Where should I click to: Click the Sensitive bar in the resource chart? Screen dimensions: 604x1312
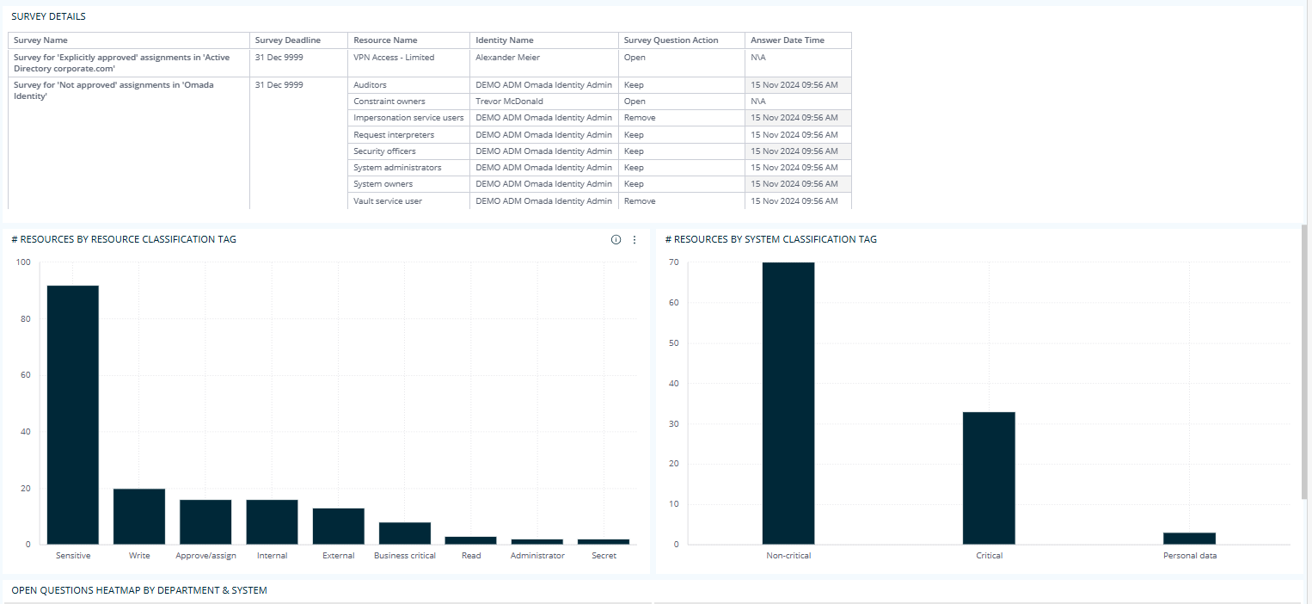tap(72, 414)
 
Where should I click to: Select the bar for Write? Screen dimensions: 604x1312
tap(139, 516)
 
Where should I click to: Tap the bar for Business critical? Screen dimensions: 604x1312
tap(405, 533)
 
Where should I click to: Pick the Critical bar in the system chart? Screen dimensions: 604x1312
tap(989, 478)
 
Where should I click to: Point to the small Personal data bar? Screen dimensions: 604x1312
tap(1190, 539)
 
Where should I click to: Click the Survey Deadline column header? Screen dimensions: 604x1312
tap(288, 40)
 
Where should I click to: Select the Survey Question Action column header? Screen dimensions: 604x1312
tap(670, 40)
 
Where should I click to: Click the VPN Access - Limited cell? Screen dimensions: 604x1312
tap(394, 58)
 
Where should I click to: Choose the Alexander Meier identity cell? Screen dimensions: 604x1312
tap(507, 58)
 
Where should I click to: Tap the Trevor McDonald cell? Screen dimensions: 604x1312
tap(509, 102)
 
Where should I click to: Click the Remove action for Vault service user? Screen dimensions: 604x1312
tap(640, 201)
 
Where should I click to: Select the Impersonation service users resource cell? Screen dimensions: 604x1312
tap(408, 118)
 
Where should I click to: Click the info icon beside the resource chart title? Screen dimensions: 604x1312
tap(616, 240)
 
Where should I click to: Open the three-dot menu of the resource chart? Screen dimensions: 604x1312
tap(635, 240)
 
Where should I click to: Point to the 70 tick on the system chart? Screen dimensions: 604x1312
tap(673, 262)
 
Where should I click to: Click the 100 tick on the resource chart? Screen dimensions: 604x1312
tap(22, 262)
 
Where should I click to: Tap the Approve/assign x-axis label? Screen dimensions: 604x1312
tap(205, 556)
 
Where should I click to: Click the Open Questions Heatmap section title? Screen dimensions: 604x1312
tap(139, 590)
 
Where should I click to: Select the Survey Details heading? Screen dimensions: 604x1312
tap(48, 16)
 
